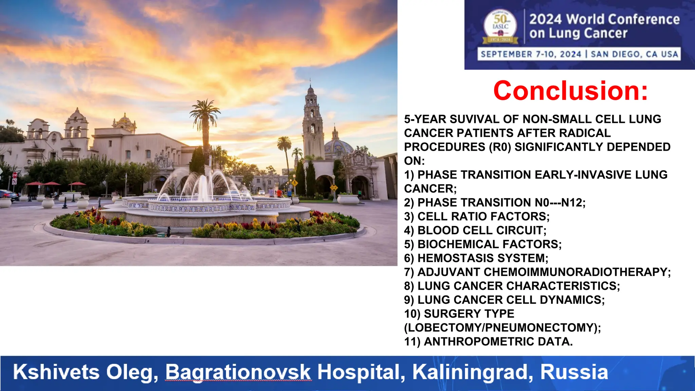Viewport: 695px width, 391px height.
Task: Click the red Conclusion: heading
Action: pyautogui.click(x=570, y=91)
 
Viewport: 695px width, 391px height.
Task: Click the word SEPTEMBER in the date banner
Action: pyautogui.click(x=506, y=54)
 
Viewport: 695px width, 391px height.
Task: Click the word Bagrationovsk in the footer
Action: pyautogui.click(x=238, y=372)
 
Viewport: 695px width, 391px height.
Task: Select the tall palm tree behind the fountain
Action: pyautogui.click(x=205, y=115)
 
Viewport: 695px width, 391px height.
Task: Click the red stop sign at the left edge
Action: pyautogui.click(x=15, y=175)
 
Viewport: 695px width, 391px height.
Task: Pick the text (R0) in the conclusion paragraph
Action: pyautogui.click(x=500, y=147)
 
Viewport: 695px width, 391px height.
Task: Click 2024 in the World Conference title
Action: pyautogui.click(x=546, y=20)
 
